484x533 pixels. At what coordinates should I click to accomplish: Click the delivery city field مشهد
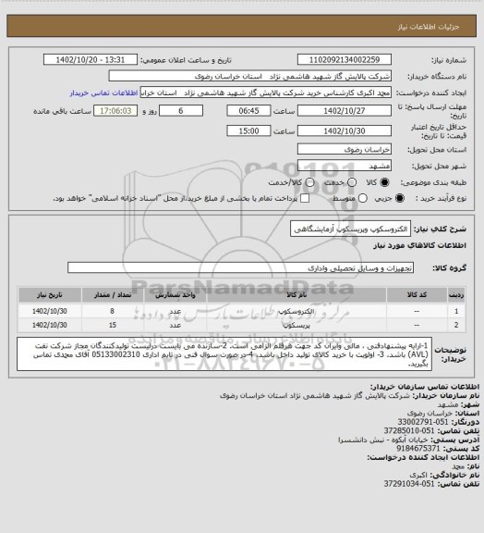coord(352,164)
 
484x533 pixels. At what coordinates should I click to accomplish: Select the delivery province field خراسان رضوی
coord(352,146)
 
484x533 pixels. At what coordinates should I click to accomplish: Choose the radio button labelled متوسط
coord(323,198)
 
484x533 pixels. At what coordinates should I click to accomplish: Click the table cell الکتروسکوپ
coord(297,312)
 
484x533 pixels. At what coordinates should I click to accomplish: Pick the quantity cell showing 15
coord(112,327)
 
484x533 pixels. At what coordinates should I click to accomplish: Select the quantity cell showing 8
coord(112,312)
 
